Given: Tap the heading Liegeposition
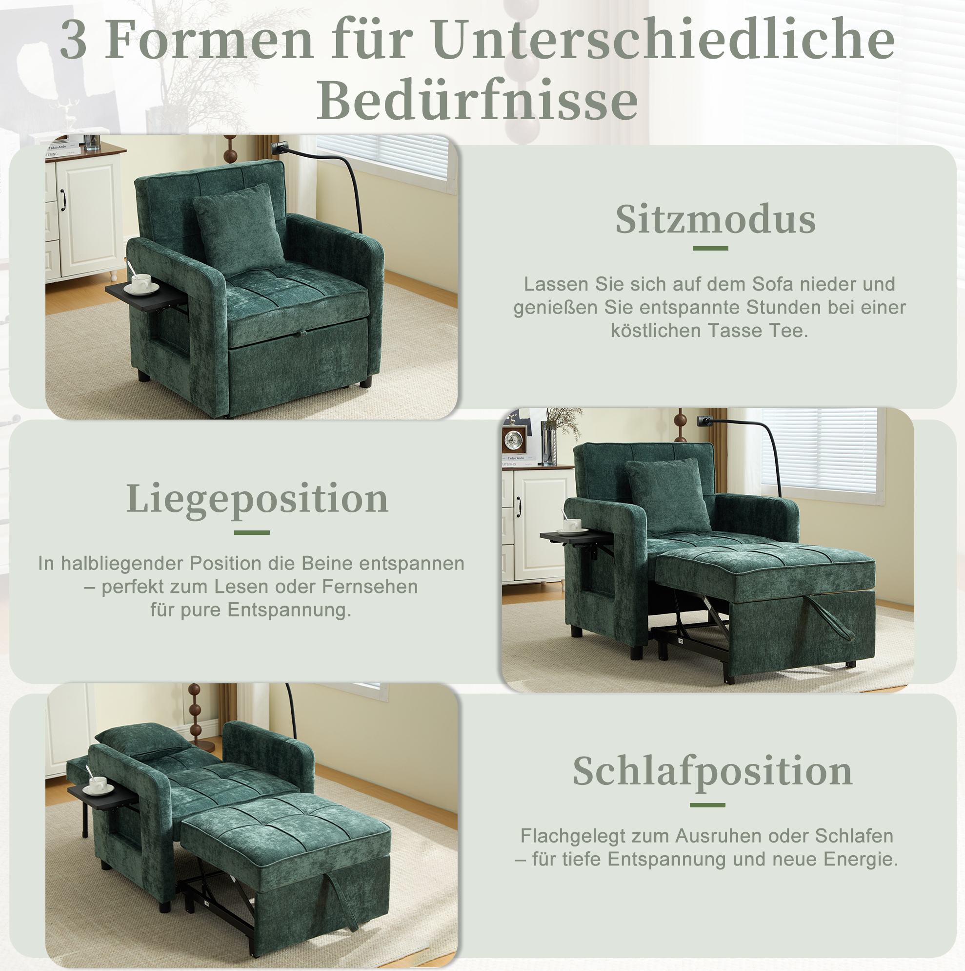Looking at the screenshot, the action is click(x=257, y=499).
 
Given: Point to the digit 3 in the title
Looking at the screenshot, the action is click(x=73, y=40).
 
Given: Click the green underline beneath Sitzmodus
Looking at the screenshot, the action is click(x=710, y=248).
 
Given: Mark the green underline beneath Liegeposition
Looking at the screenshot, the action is click(x=252, y=532).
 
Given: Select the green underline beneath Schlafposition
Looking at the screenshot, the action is click(x=707, y=805).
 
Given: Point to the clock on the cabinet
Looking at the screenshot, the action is click(x=514, y=441).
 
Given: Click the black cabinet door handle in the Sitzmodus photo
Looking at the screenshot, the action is click(x=63, y=200).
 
